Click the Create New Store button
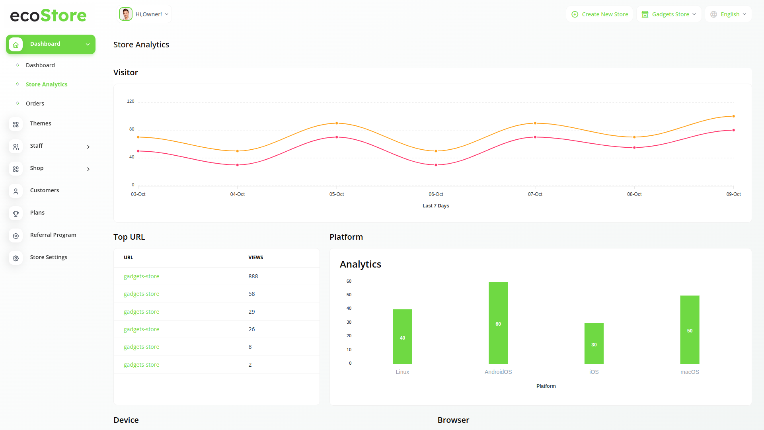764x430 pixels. tap(600, 14)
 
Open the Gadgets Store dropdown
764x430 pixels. tap(669, 14)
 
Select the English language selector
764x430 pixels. tap(728, 14)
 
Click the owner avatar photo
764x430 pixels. tap(126, 14)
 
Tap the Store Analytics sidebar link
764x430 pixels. tap(47, 84)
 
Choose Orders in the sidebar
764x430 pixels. tap(35, 104)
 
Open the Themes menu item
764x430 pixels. tap(41, 123)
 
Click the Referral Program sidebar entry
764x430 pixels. tap(53, 235)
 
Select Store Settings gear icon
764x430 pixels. tap(16, 258)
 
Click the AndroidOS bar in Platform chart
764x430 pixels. tap(498, 323)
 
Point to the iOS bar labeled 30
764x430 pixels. tap(594, 343)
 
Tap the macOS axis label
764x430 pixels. tap(690, 372)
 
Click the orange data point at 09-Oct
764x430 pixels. tap(733, 116)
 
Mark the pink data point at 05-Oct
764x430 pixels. tap(337, 137)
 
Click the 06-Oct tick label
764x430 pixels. tap(436, 194)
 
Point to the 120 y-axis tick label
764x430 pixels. tap(131, 102)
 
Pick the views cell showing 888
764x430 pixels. tap(253, 276)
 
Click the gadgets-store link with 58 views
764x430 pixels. tap(141, 294)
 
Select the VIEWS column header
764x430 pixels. tap(255, 258)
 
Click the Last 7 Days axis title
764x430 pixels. tap(436, 206)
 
